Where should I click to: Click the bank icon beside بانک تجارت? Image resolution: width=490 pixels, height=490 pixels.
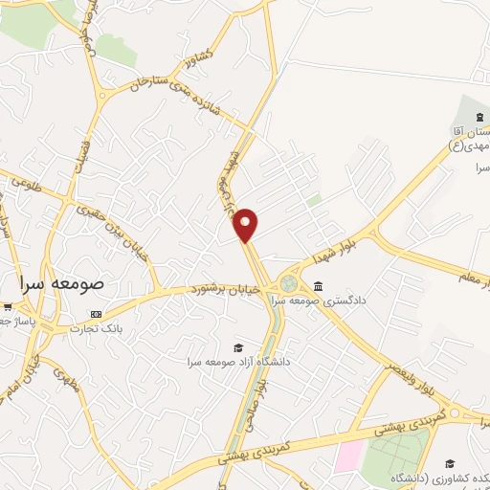[96, 314]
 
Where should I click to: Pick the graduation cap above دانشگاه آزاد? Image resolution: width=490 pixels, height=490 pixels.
[237, 347]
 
